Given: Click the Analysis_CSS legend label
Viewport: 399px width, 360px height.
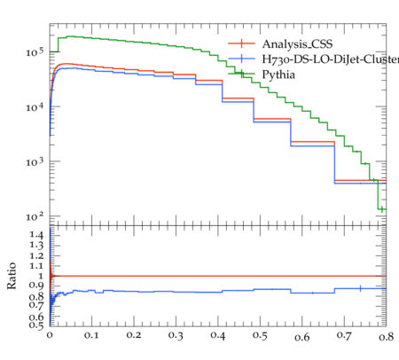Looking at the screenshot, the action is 297,44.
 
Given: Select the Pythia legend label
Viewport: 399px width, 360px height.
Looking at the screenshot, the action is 278,74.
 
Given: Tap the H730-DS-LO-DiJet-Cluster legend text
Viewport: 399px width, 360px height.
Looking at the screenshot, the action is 331,59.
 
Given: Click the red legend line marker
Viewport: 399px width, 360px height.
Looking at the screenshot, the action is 241,43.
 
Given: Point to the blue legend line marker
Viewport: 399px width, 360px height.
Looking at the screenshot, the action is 241,59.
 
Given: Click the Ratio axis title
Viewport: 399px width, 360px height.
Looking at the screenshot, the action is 12,276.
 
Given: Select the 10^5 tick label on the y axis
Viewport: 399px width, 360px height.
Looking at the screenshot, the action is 35,52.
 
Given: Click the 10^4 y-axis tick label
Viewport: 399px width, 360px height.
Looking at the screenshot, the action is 35,107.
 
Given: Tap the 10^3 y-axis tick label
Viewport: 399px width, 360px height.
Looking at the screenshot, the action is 35,161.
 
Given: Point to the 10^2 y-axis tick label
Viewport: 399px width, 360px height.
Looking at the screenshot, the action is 35,216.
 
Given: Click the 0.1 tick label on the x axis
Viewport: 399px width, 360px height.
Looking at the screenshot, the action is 91,335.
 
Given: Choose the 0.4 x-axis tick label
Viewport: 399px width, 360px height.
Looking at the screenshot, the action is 218,335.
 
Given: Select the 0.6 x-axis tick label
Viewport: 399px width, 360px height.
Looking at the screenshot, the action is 302,337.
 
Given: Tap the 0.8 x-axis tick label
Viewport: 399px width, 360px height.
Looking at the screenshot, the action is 387,337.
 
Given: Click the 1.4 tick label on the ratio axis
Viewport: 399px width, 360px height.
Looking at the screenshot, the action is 36,235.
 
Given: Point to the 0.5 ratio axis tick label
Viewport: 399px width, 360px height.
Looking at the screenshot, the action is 36,325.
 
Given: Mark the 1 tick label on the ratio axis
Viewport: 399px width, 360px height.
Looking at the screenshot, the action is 41,276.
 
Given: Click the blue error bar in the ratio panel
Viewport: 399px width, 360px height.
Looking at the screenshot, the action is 360,288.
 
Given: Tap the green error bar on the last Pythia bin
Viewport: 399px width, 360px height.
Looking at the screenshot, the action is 382,209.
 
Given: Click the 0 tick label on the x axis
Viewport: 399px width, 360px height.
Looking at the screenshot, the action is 50,335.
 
